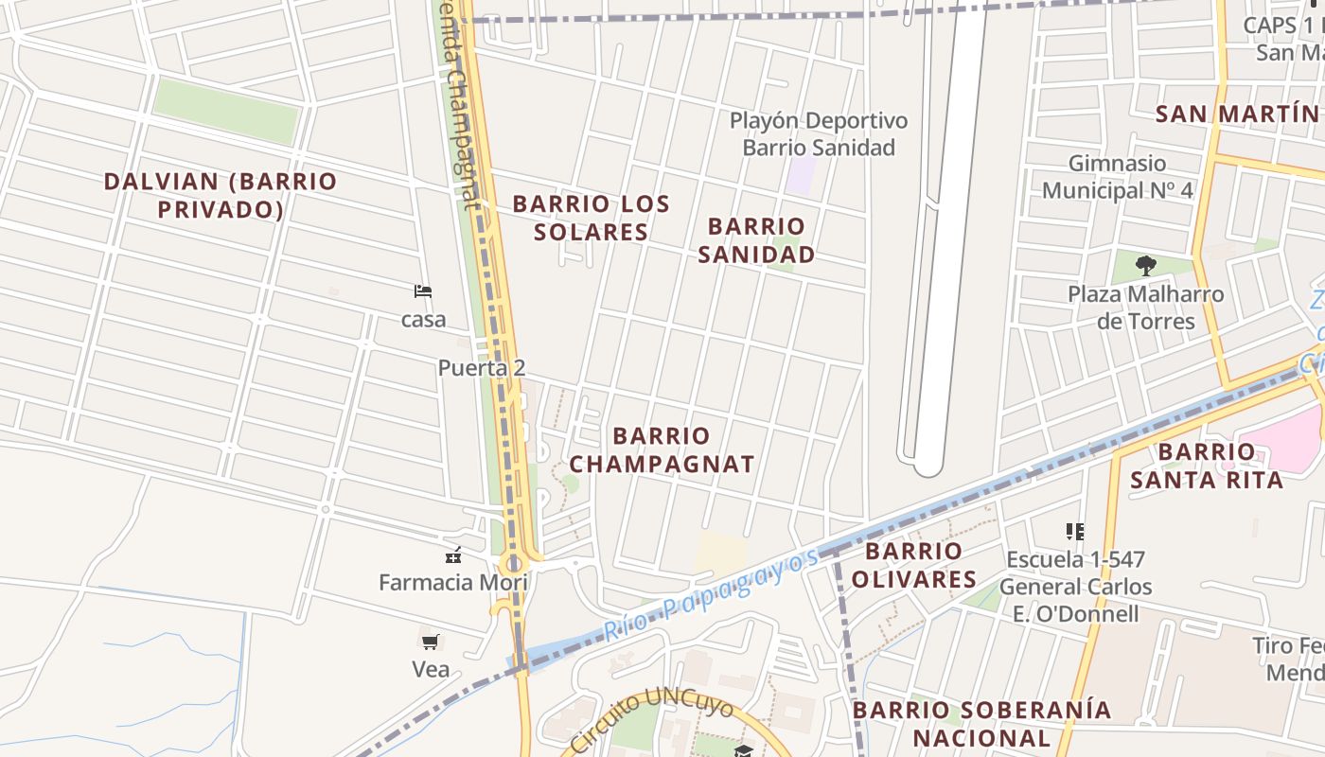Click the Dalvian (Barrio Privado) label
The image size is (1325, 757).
pos(220,195)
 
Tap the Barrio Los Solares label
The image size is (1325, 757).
pos(592,218)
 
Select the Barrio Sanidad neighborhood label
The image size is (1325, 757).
pos(756,240)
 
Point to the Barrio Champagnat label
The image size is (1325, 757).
pos(662,449)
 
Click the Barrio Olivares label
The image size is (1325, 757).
pos(913,565)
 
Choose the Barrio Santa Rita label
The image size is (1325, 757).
pos(1206,466)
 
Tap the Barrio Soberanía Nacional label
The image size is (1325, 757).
pos(981,724)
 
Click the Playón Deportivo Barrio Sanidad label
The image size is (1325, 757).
pos(819,134)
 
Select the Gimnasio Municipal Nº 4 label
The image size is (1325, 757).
pos(1117,177)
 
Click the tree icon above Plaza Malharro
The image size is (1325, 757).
pos(1145,265)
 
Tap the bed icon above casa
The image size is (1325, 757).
pos(423,290)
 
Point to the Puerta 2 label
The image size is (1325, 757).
pos(481,368)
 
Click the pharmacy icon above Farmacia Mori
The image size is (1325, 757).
pos(453,555)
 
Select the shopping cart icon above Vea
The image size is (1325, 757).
pos(431,643)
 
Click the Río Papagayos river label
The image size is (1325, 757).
pos(712,593)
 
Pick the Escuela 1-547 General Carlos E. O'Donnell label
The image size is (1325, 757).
pos(1075,587)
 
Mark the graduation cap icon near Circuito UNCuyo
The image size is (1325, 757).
pos(743,750)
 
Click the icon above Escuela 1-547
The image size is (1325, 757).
pos(1074,531)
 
